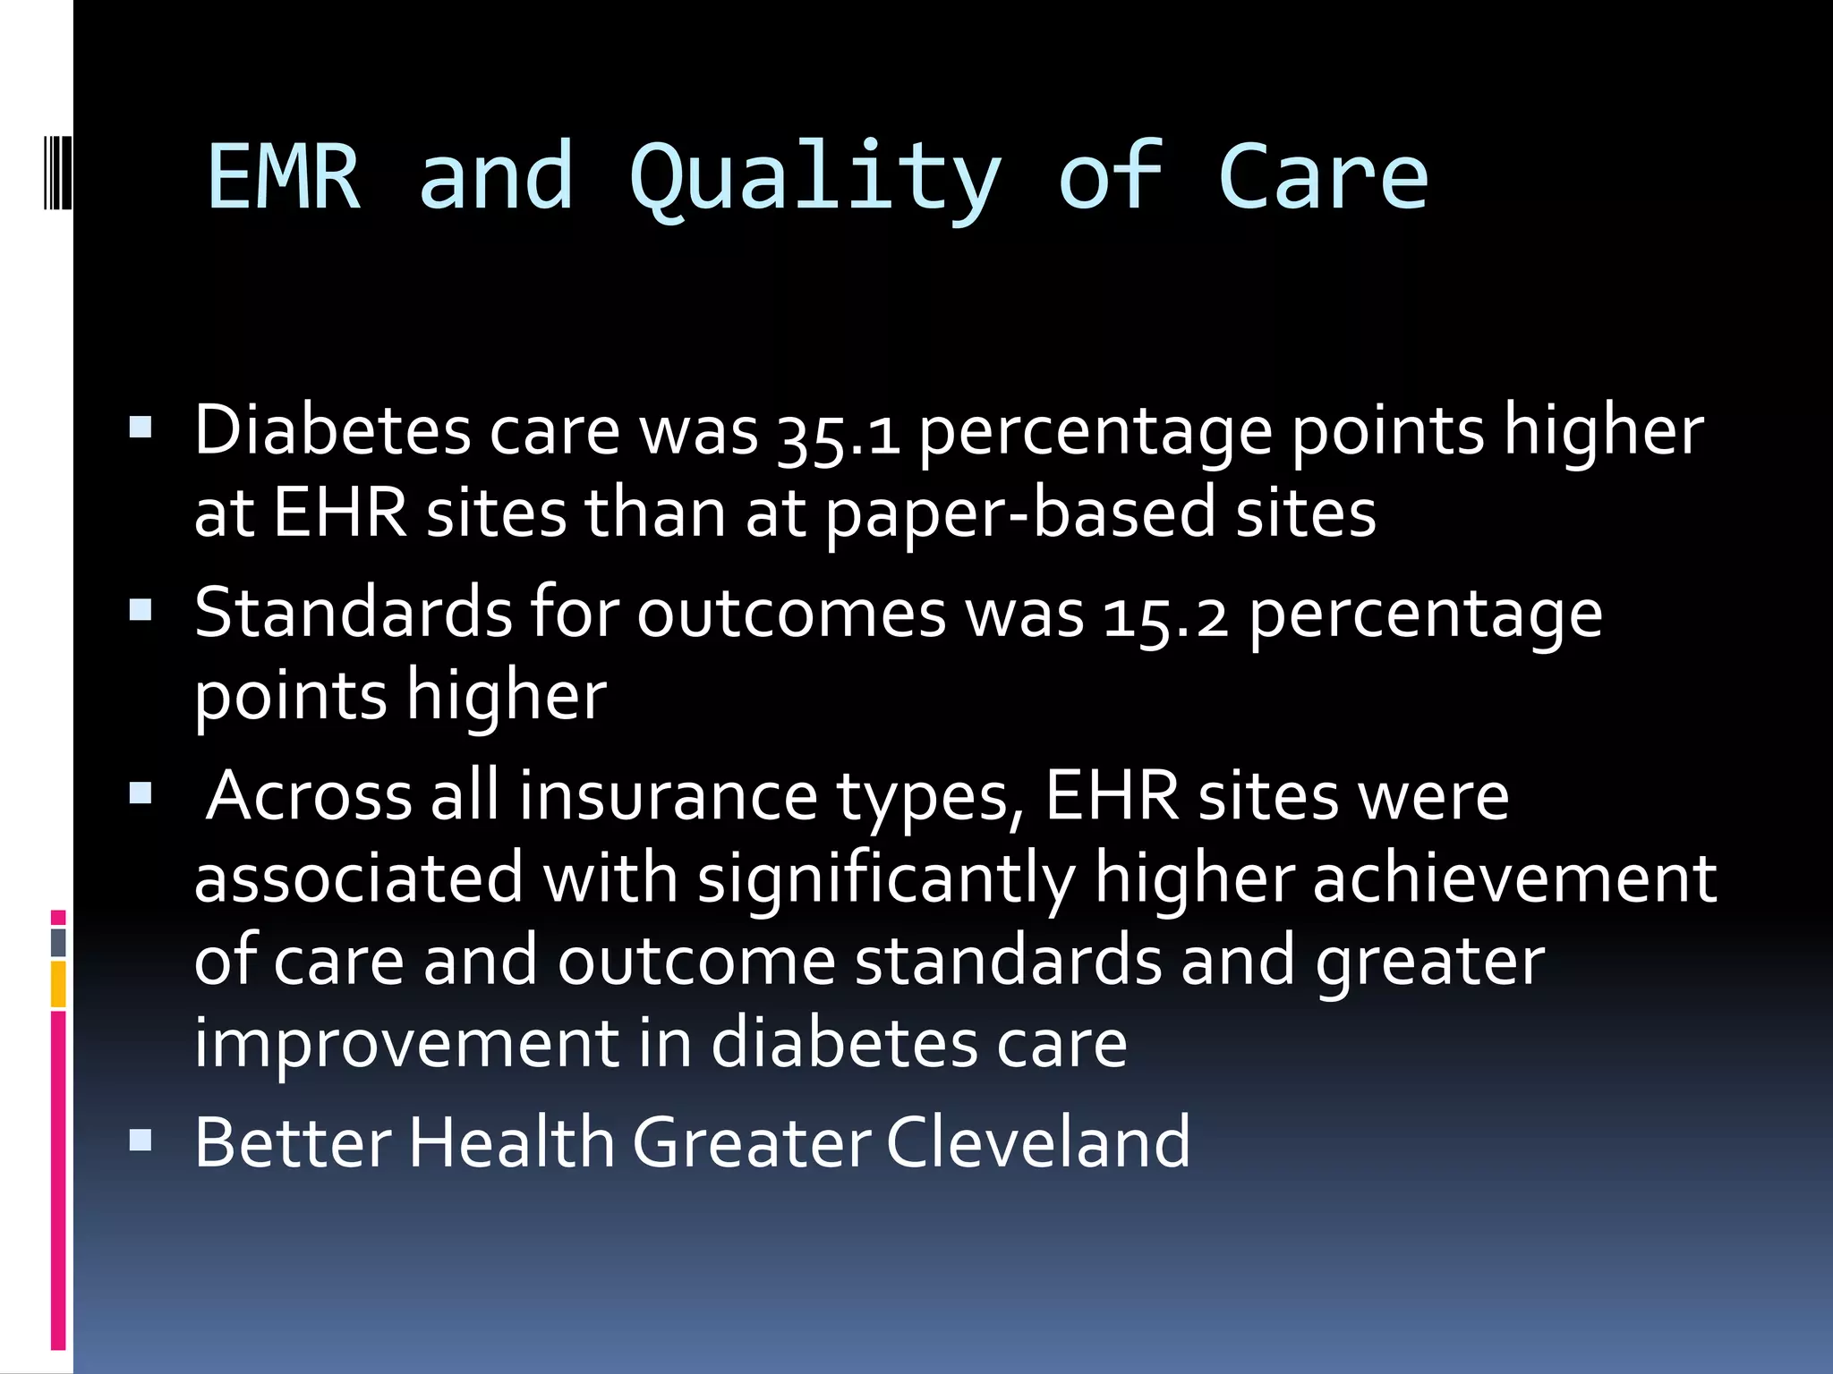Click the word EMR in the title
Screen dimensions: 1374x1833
tap(284, 178)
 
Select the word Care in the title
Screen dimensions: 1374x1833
tap(1322, 178)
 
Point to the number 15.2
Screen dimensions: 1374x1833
tap(1166, 616)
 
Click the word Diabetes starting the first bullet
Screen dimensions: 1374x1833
tap(332, 431)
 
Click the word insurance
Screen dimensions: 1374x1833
tap(668, 796)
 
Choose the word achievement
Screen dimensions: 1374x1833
tap(1514, 878)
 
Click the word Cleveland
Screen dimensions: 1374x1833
tap(1038, 1142)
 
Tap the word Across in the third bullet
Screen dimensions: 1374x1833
tap(309, 796)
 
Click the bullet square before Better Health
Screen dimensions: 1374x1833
tap(141, 1141)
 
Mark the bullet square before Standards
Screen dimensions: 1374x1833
tap(141, 611)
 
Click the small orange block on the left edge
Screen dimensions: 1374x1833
tap(58, 984)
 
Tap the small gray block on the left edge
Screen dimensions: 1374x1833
tap(58, 943)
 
